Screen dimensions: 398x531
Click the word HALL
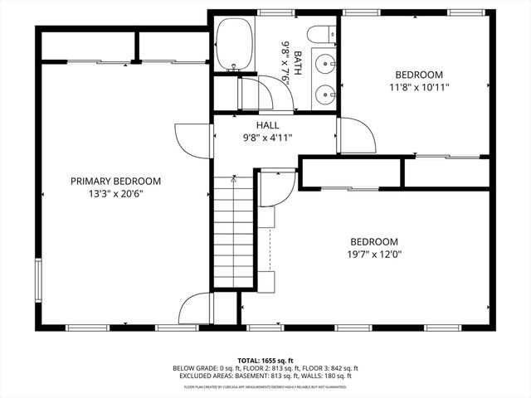267,125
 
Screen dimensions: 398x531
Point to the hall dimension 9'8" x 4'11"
267,138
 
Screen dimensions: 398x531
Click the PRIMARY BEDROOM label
115,181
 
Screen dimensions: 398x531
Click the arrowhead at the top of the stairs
234,177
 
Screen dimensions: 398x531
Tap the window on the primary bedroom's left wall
37,282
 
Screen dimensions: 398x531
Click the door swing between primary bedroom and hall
184,136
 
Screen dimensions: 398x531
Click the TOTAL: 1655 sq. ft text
265,361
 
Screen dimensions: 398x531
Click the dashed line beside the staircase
270,249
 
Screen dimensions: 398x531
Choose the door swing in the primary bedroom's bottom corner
196,308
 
